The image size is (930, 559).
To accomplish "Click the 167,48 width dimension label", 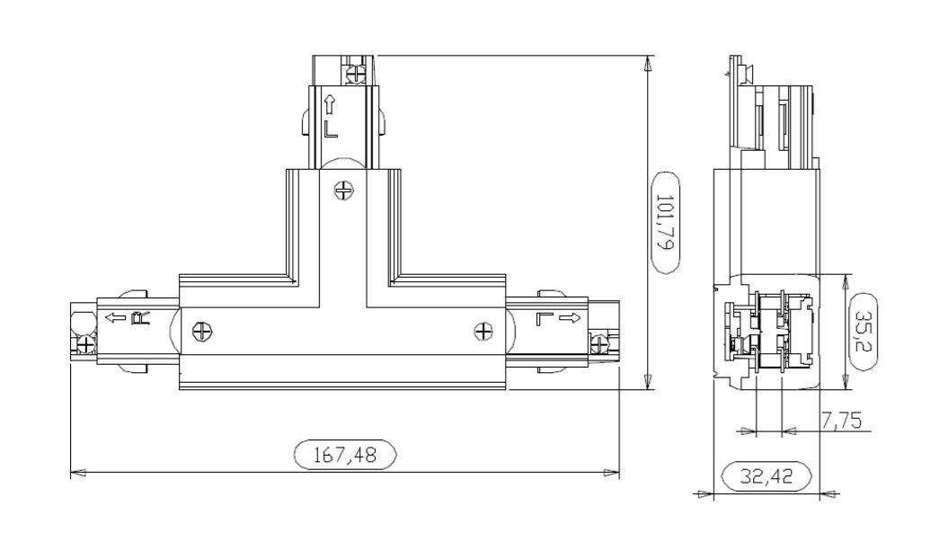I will pyautogui.click(x=345, y=455).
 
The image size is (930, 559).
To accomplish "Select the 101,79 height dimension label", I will pyautogui.click(x=666, y=221).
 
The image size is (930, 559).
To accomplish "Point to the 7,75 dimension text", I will pyautogui.click(x=843, y=419).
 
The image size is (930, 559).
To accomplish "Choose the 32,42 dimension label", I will pyautogui.click(x=766, y=476).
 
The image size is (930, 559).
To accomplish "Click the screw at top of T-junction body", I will pyautogui.click(x=342, y=190).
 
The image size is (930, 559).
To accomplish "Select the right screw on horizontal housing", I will pyautogui.click(x=483, y=332).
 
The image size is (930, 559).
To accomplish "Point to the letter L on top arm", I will pyautogui.click(x=331, y=128).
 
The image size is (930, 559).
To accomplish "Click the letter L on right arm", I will pyautogui.click(x=544, y=317).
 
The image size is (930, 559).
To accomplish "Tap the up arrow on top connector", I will pyautogui.click(x=331, y=103).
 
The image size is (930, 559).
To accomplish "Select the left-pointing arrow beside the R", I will pyautogui.click(x=115, y=317).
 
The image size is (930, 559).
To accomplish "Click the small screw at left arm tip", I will pyautogui.click(x=84, y=343).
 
